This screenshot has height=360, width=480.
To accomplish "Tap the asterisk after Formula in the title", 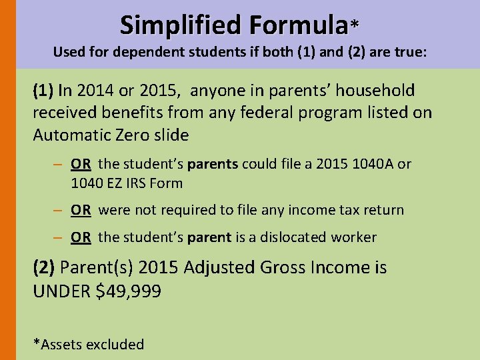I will point(355,25).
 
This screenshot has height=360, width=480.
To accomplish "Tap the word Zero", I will point(132,135).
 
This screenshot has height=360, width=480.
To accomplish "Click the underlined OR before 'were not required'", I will point(81,210).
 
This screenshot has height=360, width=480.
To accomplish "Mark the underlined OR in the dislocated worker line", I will point(81,237).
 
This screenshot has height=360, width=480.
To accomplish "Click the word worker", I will point(353,237).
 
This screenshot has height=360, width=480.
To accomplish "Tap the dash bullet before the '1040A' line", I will point(59,164).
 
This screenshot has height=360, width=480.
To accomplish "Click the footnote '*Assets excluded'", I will point(89,345).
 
